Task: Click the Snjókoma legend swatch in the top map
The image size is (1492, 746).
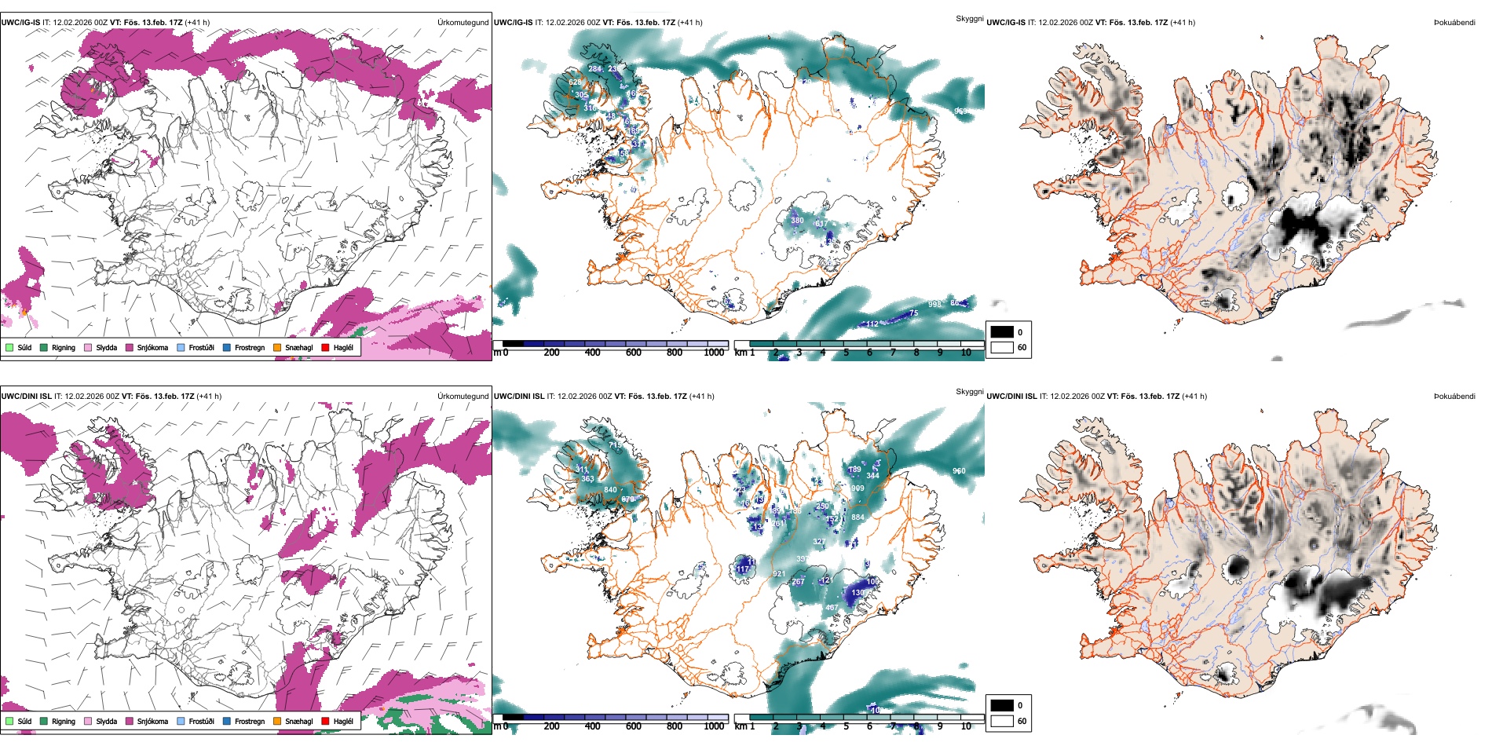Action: tap(130, 347)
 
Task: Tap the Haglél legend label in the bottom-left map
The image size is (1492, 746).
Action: tap(343, 721)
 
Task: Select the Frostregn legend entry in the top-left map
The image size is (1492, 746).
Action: tap(250, 347)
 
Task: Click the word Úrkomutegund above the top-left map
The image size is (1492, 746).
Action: tap(463, 23)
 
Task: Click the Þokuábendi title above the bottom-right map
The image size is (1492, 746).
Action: tap(1454, 397)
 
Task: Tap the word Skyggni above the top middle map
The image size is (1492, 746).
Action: tap(969, 18)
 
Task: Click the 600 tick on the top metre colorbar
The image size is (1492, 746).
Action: tap(634, 353)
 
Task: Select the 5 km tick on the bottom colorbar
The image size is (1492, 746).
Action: tap(847, 726)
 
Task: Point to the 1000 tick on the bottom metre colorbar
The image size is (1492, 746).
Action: tap(714, 726)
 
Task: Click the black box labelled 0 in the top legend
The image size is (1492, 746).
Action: tap(1002, 332)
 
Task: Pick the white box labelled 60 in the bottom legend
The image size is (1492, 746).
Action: tap(1002, 721)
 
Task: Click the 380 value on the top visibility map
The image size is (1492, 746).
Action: tap(797, 221)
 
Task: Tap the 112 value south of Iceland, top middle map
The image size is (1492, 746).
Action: tap(872, 324)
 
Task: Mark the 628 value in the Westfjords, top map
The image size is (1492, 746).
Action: tap(576, 82)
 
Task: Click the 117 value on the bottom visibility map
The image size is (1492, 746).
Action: tap(742, 569)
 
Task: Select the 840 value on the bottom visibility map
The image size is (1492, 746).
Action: tap(610, 490)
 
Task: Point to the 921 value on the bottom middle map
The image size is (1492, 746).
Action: tap(779, 574)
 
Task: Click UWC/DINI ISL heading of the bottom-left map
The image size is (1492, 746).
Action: tap(26, 397)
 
